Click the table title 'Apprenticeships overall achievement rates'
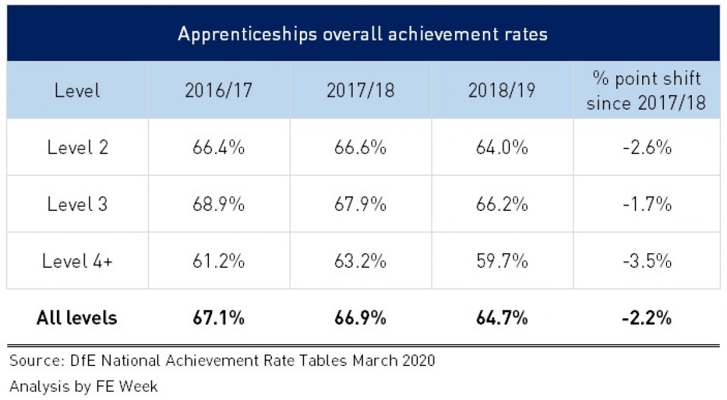(x=362, y=34)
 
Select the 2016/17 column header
(x=219, y=91)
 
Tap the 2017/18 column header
(x=360, y=91)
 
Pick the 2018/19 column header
(x=502, y=91)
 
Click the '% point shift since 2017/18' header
(x=646, y=91)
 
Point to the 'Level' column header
(x=77, y=91)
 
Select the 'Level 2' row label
(x=78, y=148)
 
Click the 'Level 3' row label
(x=78, y=204)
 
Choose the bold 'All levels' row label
(x=76, y=318)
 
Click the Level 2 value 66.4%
(x=219, y=148)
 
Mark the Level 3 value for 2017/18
(x=360, y=204)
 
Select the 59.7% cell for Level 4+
(x=502, y=261)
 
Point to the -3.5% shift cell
(x=646, y=261)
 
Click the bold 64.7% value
(x=502, y=318)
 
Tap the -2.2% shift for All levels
(x=646, y=318)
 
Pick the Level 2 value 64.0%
(x=502, y=148)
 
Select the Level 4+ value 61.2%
(x=219, y=261)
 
